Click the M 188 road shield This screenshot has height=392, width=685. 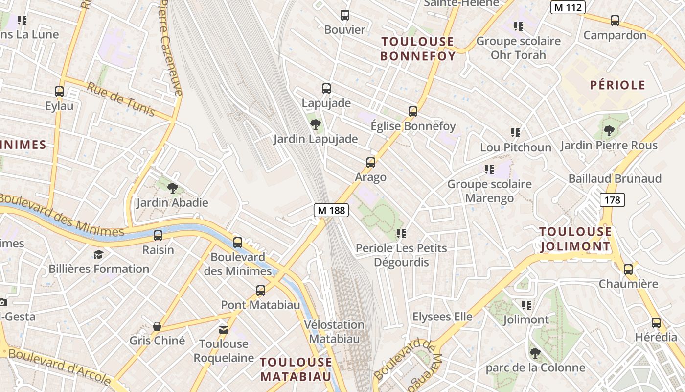(331, 210)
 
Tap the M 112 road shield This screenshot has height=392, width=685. (568, 7)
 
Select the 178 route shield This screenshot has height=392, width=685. (612, 199)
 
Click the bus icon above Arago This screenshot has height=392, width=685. (371, 163)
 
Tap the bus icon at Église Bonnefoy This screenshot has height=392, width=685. (413, 112)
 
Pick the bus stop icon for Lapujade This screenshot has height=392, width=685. (326, 89)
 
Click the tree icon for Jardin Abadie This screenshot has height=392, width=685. (172, 188)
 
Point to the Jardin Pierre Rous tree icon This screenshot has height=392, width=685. (609, 131)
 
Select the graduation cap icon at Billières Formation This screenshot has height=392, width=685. (99, 254)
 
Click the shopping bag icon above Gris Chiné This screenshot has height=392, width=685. (157, 326)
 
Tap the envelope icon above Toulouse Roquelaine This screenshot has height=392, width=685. (224, 329)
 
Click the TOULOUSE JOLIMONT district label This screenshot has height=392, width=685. (575, 239)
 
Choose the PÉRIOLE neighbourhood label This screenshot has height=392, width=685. (617, 85)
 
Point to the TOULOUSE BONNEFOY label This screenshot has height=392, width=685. (418, 49)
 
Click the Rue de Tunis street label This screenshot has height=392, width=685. (121, 99)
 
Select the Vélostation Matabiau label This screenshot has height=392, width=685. (334, 331)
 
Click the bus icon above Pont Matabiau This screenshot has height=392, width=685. (261, 291)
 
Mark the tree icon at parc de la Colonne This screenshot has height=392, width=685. (535, 353)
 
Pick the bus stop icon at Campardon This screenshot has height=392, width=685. (615, 21)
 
